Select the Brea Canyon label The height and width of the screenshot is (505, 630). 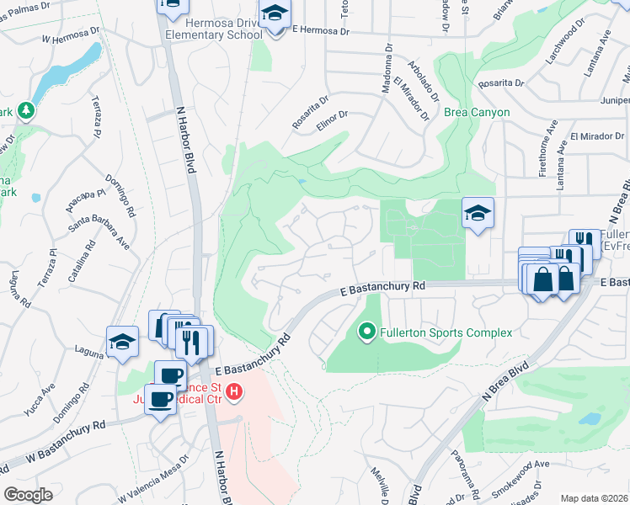pos(478,112)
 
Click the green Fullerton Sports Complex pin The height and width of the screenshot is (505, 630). pos(366,332)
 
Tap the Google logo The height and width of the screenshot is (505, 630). pos(28,494)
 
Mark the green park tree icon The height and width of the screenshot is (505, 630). pos(27,110)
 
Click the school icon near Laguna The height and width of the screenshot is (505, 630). pos(122,342)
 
